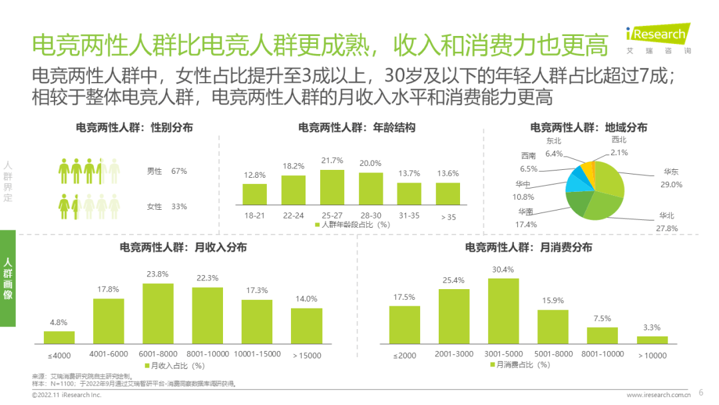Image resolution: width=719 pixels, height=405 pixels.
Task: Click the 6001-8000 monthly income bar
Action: (158, 313)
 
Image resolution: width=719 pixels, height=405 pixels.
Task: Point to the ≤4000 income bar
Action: (59, 336)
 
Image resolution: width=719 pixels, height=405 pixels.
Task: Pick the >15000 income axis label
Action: (307, 355)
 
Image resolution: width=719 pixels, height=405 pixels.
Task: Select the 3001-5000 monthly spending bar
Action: (503, 310)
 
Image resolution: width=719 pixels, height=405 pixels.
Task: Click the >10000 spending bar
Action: (652, 339)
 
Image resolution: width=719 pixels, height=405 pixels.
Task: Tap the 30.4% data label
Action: (503, 270)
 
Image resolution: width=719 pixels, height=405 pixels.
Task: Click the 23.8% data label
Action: (158, 274)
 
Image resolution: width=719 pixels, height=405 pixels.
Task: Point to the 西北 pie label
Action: (618, 140)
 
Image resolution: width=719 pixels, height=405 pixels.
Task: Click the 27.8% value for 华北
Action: (668, 228)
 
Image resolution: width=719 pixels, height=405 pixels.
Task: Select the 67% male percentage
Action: (178, 171)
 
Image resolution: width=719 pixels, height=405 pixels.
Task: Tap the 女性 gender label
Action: (154, 206)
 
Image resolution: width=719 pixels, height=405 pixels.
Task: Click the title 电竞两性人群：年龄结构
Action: (357, 127)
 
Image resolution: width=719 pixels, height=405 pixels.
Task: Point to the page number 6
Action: (700, 392)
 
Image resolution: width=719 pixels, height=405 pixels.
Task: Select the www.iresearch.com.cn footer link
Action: (657, 395)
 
